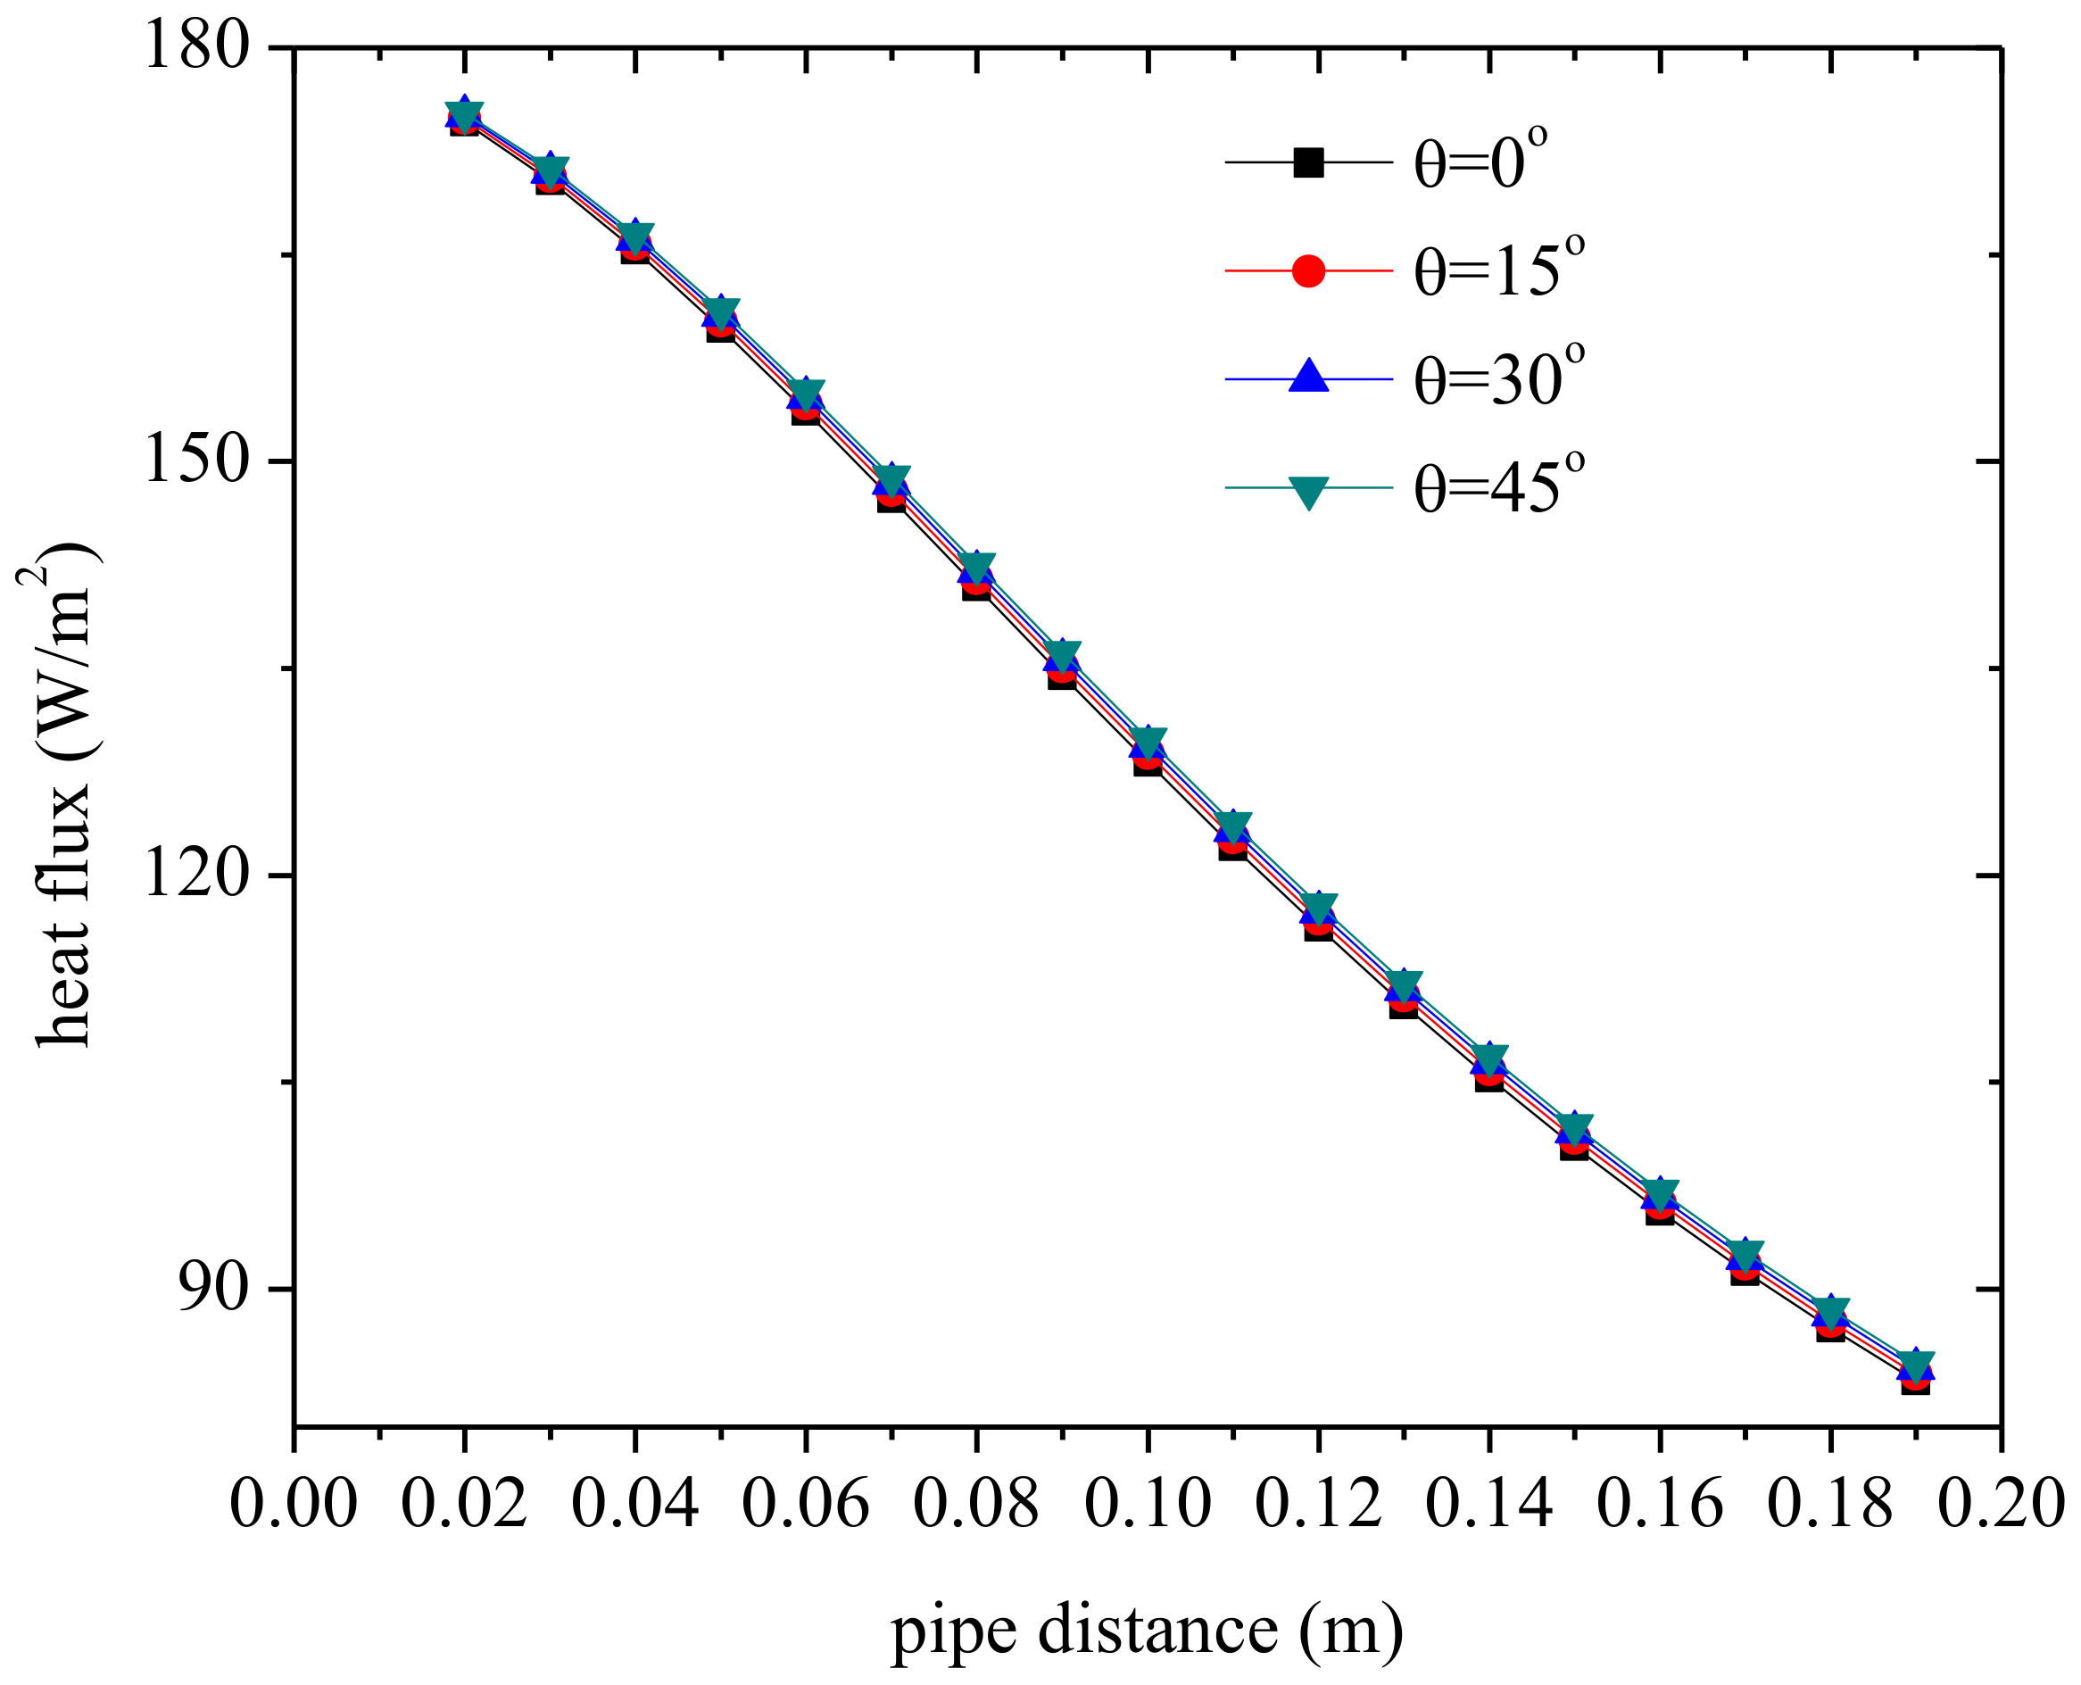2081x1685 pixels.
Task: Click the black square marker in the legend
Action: point(1308,162)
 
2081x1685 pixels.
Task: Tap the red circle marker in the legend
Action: point(1308,270)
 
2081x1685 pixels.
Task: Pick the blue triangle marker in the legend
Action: point(1308,377)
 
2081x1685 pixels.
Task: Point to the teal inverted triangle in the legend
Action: point(1308,490)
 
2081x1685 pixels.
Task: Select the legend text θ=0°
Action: point(1480,160)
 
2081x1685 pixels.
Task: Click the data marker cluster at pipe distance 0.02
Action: point(464,118)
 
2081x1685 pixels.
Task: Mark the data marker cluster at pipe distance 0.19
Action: point(1915,1370)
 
